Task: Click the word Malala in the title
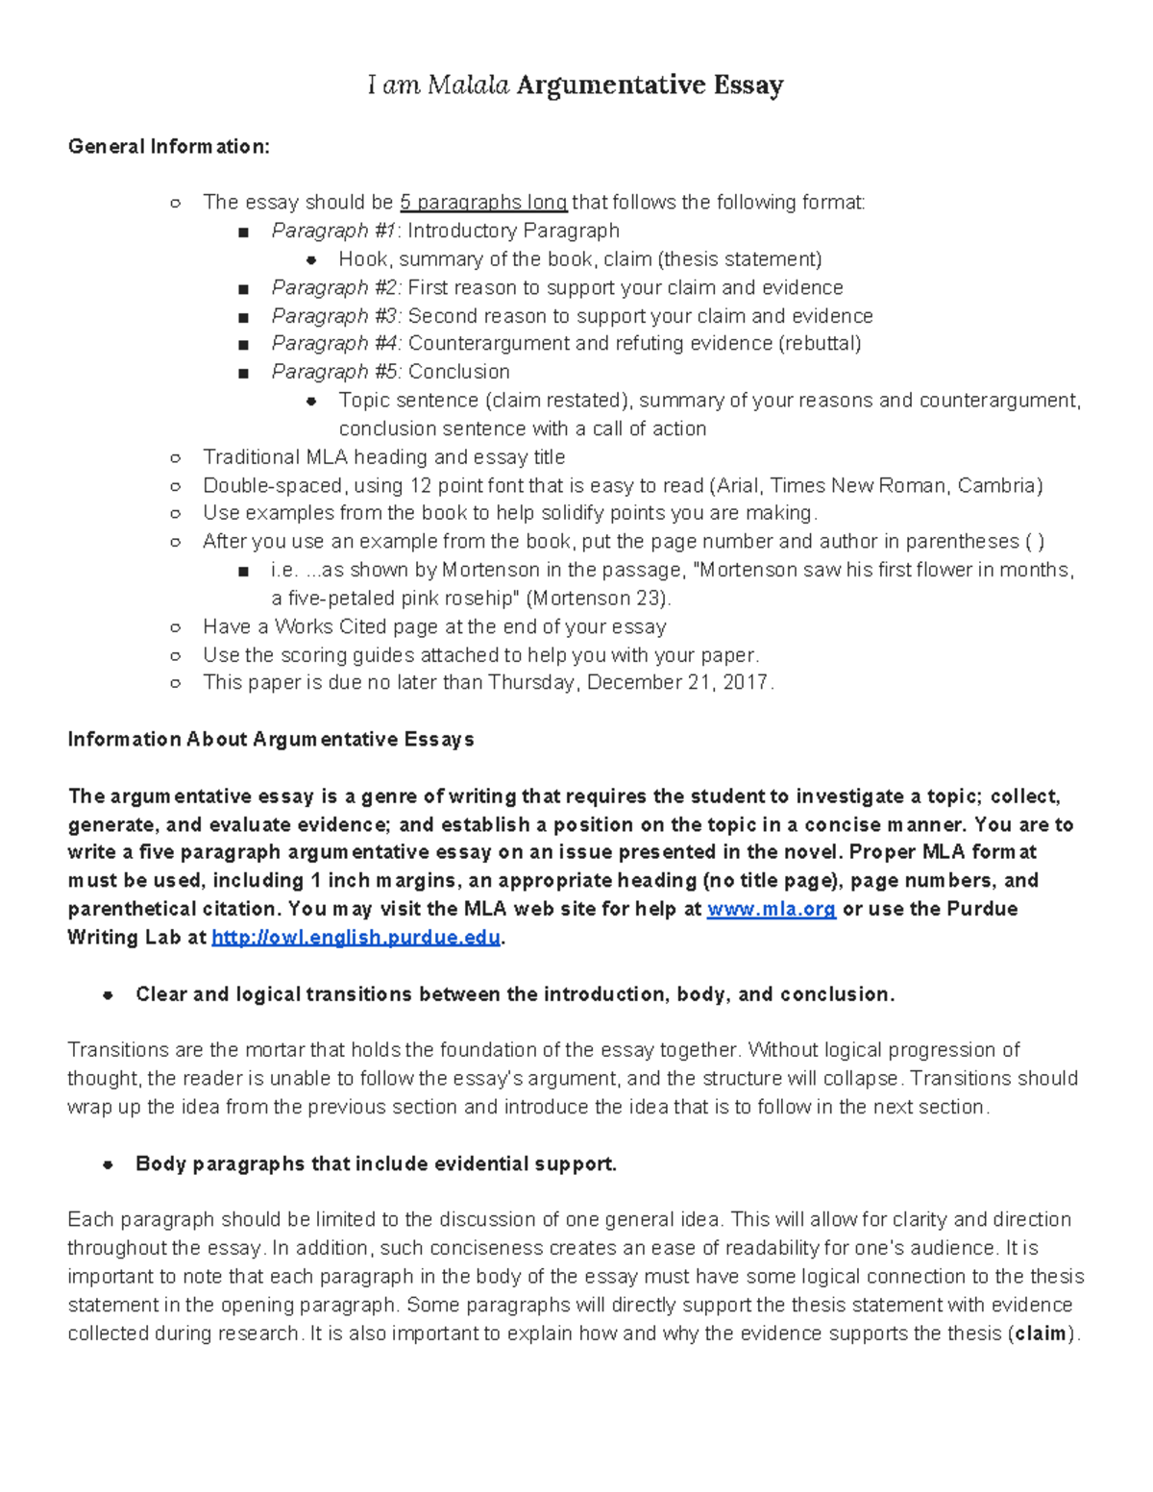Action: tap(468, 86)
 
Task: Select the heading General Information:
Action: tap(169, 147)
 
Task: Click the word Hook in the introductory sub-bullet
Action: tap(362, 259)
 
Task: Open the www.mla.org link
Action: tap(771, 910)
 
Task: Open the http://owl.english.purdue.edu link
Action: tap(356, 939)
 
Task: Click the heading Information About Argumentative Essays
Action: tap(271, 740)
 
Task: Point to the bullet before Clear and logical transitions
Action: tap(109, 995)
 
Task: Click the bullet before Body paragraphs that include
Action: tap(109, 1164)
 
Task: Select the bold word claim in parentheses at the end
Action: tap(1041, 1334)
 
